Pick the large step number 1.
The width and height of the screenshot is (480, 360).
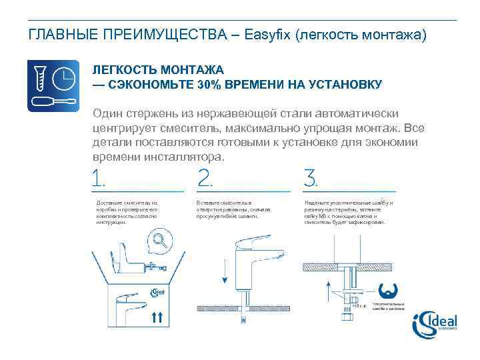point(99,178)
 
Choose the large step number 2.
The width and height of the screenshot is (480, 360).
point(205,178)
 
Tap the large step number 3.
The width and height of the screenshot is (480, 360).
point(311,178)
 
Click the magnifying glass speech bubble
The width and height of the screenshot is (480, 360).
point(158,239)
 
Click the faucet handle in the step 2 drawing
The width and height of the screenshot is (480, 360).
point(257,242)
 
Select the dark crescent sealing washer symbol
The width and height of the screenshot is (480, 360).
point(388,291)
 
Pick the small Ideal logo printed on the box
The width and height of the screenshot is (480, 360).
point(157,292)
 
